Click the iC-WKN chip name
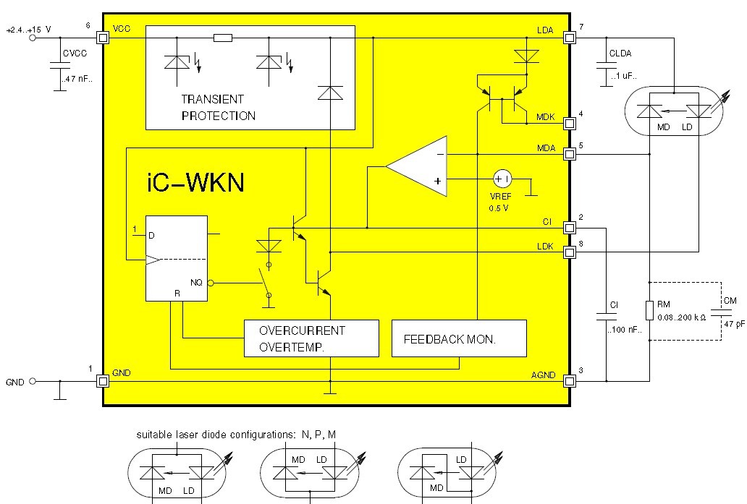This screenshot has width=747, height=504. [195, 181]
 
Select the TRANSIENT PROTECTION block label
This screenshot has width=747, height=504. [218, 107]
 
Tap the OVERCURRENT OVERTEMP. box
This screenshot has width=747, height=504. [311, 338]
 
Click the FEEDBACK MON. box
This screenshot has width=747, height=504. [459, 338]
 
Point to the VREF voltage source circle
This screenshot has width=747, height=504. [502, 178]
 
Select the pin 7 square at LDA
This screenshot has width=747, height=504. [570, 36]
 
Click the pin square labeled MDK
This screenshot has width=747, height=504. [570, 123]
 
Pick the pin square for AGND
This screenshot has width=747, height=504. [570, 381]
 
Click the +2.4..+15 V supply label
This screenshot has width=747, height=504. [28, 30]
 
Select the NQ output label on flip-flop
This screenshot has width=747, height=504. [196, 283]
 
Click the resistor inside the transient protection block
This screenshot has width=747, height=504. [223, 37]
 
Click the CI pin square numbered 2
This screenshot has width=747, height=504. [570, 228]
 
